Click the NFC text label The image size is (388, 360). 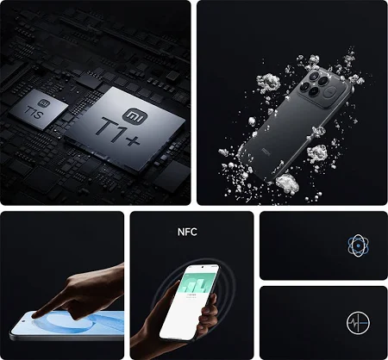coord(187,232)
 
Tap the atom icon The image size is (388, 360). coord(358,245)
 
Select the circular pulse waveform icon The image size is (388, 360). coord(358,323)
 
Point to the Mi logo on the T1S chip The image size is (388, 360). coord(44,103)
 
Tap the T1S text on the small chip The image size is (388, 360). coord(34,113)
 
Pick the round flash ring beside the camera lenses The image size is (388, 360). coord(330,92)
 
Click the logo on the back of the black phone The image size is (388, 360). coord(265,151)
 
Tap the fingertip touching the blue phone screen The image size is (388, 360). coord(35,315)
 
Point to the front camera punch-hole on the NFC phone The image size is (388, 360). coord(203,267)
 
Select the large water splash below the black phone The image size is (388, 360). coord(287,183)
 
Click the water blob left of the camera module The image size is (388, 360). coord(268,81)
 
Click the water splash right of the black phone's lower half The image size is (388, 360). coord(317,153)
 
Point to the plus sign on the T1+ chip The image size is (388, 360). coord(133,140)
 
